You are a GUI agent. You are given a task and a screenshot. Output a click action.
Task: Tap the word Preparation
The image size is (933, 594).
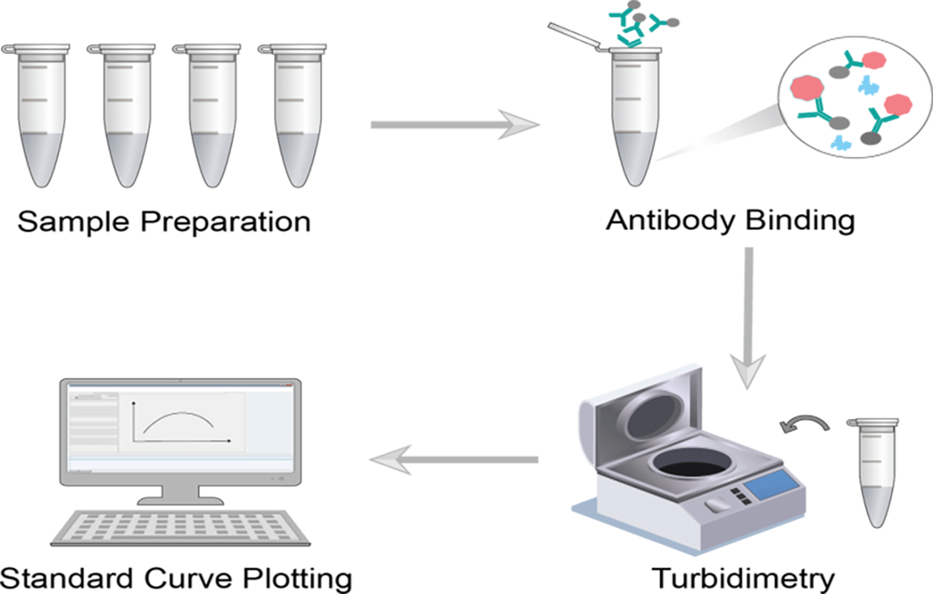click(x=225, y=222)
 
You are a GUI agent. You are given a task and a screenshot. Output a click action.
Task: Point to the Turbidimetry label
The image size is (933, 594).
click(x=743, y=578)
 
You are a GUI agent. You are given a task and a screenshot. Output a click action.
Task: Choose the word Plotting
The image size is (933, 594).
click(x=298, y=578)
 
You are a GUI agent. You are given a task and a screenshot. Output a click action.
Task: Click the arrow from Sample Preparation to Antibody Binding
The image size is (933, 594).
click(x=454, y=124)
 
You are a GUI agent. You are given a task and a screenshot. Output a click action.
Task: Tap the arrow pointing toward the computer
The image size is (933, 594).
click(x=454, y=459)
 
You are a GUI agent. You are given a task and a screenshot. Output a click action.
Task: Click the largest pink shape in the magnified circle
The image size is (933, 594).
click(x=807, y=88)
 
